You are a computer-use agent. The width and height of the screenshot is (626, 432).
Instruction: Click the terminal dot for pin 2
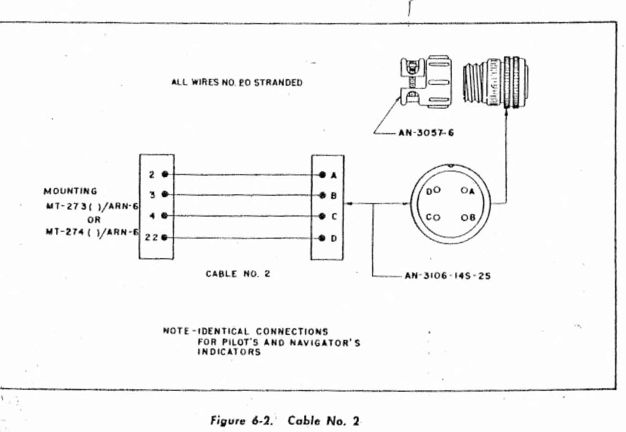click(165, 174)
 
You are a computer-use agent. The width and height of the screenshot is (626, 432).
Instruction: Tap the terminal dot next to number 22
click(164, 237)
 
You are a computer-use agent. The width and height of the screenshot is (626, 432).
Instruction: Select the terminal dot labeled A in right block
click(322, 175)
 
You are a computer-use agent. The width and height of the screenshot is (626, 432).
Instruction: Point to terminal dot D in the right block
click(322, 238)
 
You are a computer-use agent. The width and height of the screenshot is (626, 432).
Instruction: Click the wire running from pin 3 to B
click(243, 195)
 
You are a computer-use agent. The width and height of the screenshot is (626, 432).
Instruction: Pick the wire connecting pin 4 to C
click(243, 216)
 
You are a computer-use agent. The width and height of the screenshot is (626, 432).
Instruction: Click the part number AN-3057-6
click(426, 133)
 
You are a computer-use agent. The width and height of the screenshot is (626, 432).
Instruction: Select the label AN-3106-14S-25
click(448, 276)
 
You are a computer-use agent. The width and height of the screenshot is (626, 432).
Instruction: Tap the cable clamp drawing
click(426, 82)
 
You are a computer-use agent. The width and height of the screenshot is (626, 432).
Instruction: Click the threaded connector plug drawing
click(495, 82)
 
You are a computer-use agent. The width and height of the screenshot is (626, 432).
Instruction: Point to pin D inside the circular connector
click(437, 190)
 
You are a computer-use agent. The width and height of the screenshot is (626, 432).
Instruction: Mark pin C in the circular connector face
click(437, 217)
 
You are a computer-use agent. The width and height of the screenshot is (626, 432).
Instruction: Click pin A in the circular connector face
click(464, 190)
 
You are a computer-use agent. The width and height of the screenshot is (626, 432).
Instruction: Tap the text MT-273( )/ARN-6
click(92, 206)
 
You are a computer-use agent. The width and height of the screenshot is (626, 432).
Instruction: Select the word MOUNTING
click(70, 191)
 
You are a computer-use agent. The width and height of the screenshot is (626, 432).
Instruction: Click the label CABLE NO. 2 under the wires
click(238, 274)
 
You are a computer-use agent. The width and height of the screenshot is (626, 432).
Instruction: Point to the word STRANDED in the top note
click(278, 83)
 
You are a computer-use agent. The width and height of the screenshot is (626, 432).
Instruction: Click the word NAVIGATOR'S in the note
click(325, 343)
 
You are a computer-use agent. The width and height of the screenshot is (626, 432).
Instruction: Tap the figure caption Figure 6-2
click(241, 421)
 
